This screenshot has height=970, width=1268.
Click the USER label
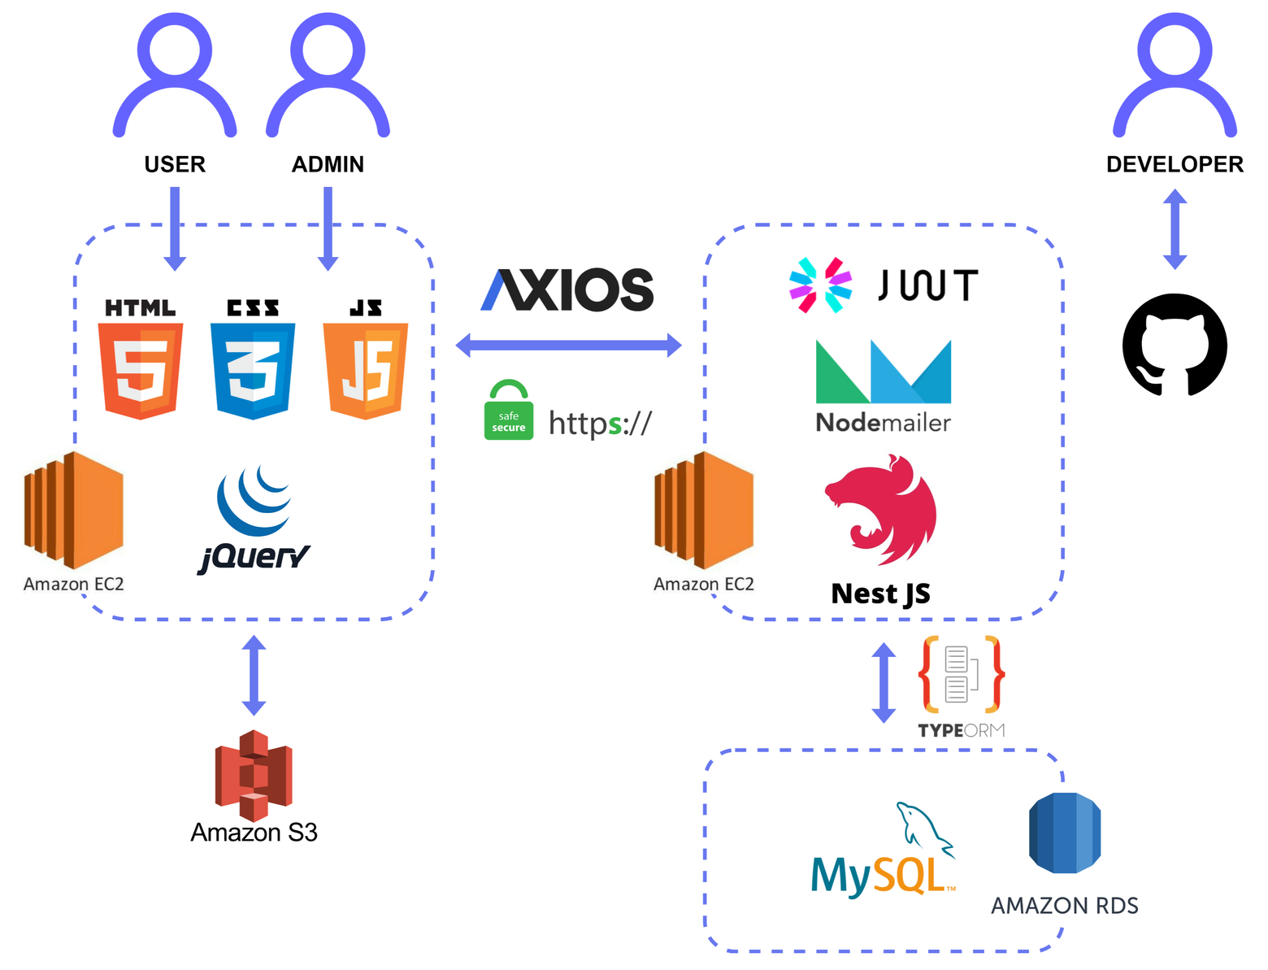point(175,164)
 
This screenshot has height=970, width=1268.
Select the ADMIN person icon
point(328,77)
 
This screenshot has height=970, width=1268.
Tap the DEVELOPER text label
point(1175,164)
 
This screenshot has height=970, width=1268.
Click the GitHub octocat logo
point(1175,345)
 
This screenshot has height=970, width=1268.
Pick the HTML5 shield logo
point(141,370)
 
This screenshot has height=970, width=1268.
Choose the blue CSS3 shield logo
point(253,370)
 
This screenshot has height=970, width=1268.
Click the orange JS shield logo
point(366,370)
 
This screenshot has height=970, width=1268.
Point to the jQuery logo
point(254,520)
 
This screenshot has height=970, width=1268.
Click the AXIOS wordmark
point(567,290)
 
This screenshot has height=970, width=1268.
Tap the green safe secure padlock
point(509,411)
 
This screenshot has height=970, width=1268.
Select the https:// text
point(600,423)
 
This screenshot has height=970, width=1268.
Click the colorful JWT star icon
point(820,285)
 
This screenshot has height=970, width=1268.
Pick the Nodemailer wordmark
point(883,423)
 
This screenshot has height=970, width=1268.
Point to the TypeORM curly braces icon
point(962,675)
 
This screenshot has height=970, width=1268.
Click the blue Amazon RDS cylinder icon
point(1065,833)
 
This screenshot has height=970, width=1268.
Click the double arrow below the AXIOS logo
point(568,345)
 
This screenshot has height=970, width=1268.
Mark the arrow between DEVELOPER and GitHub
point(1175,229)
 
